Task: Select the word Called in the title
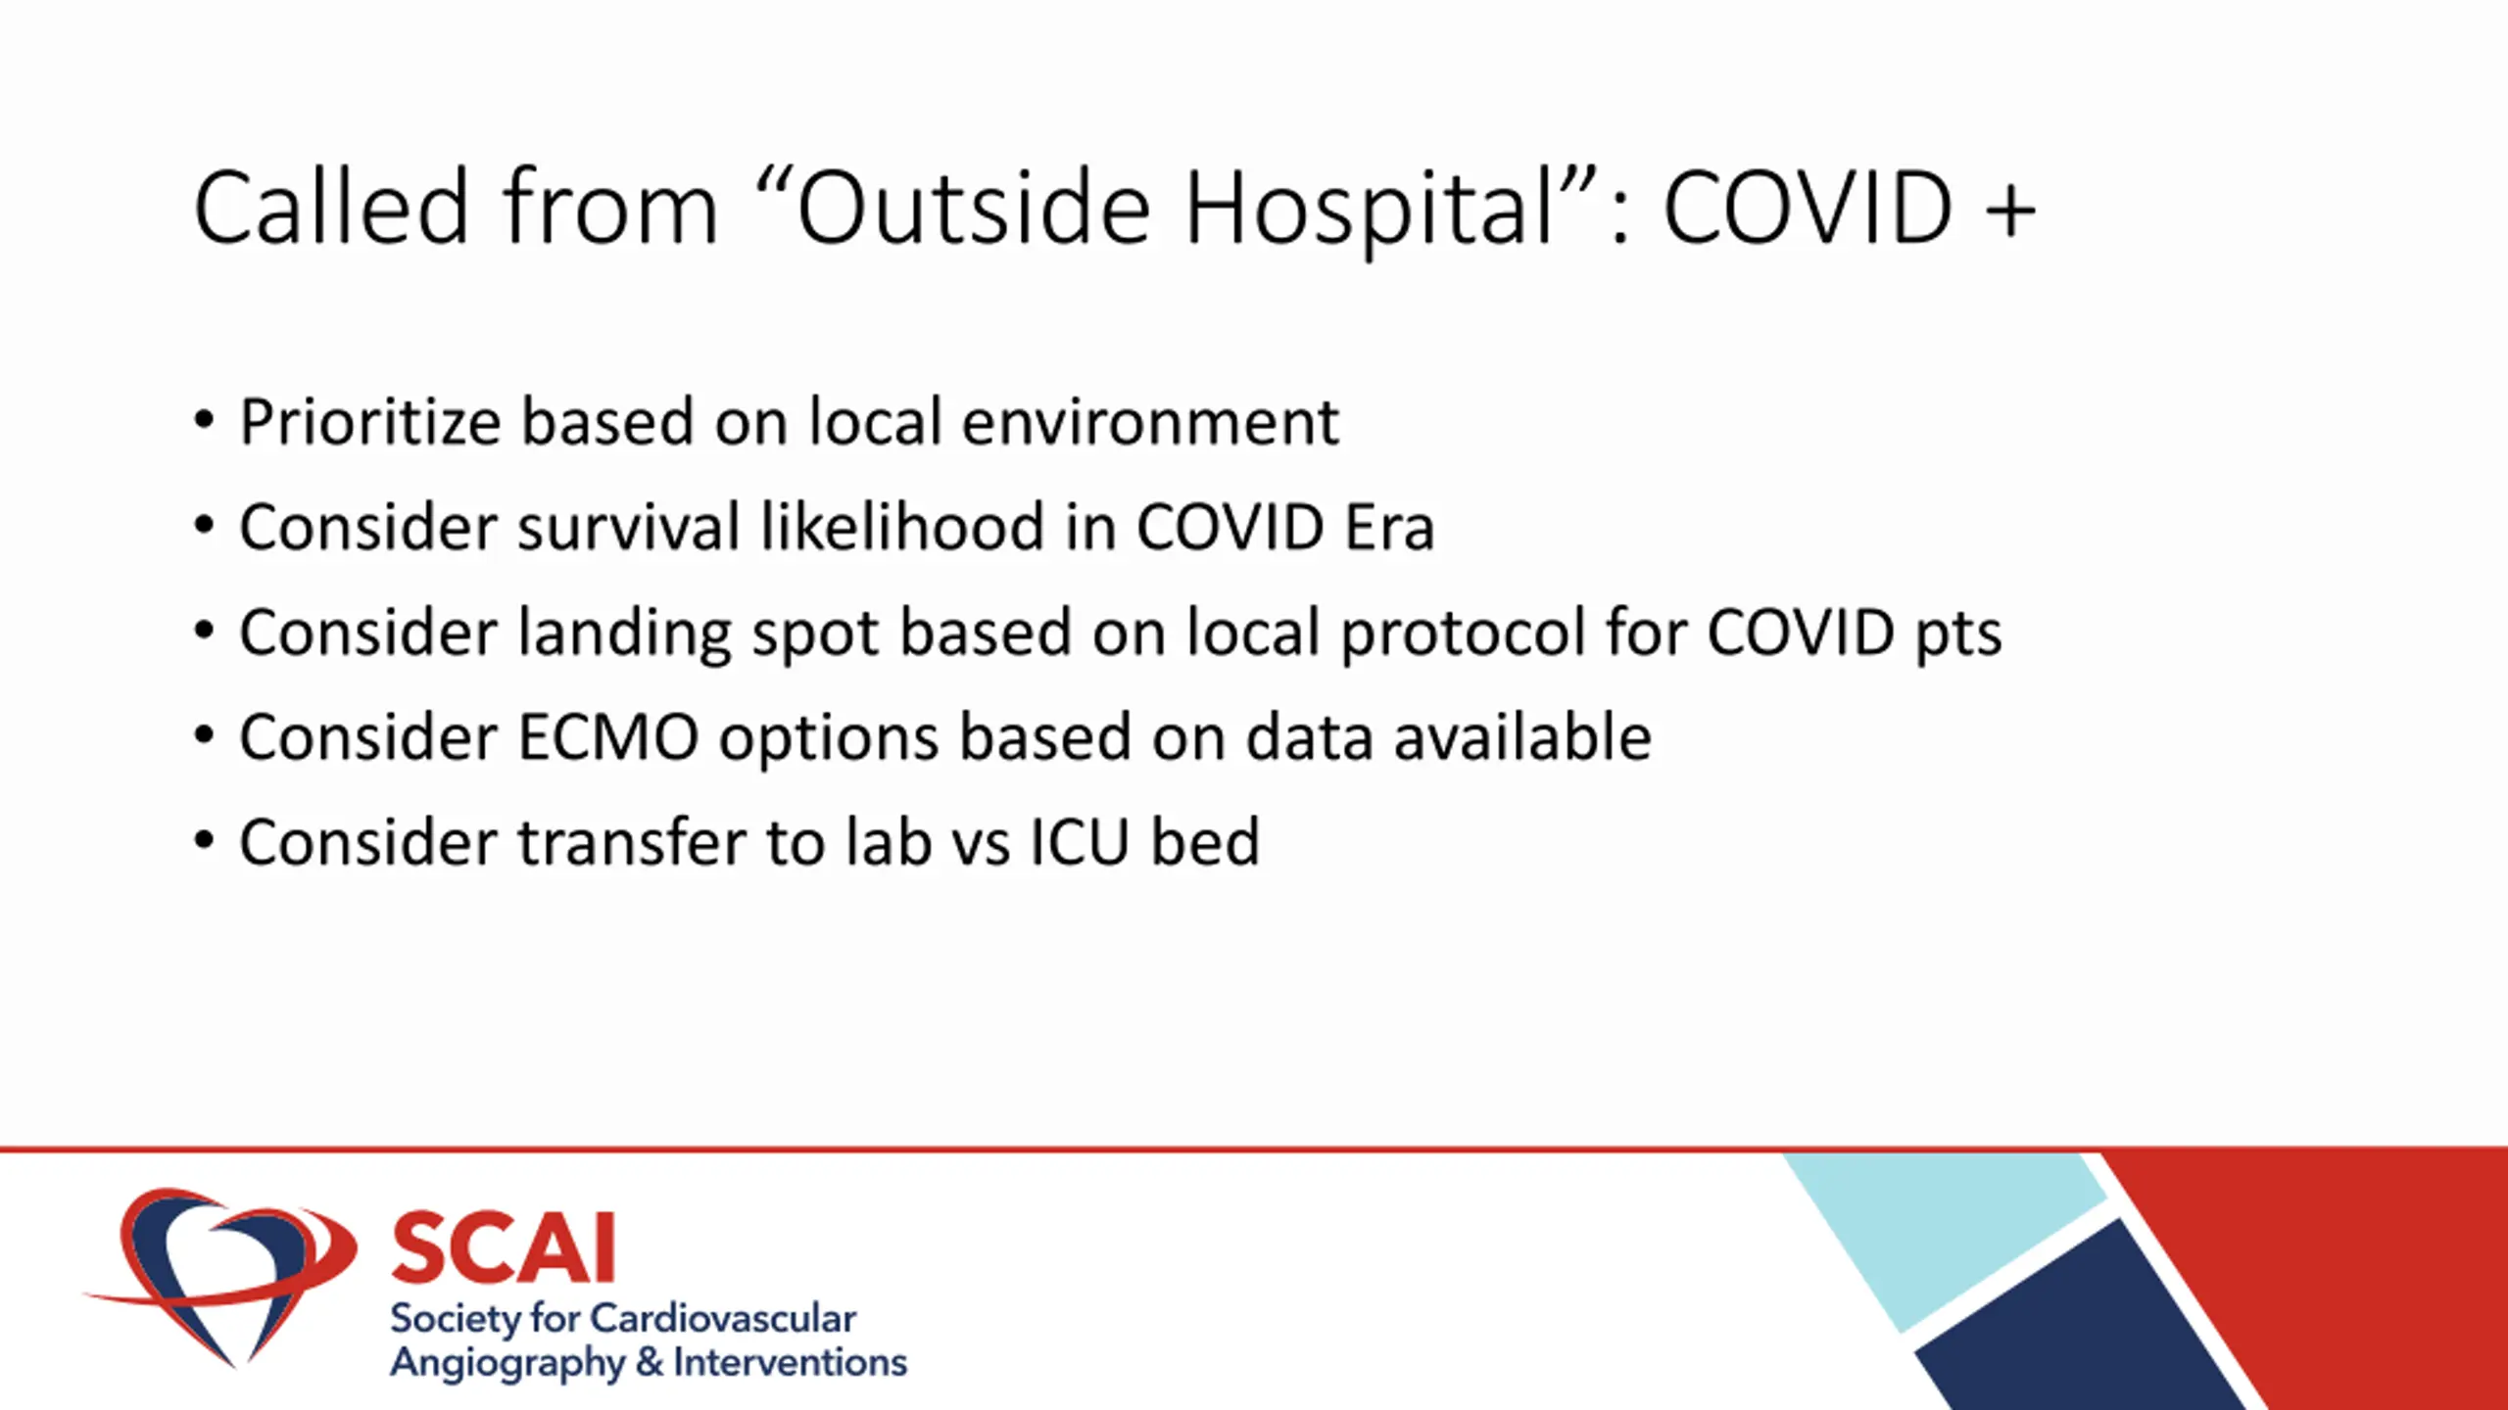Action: pos(332,207)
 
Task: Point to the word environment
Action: pos(1150,422)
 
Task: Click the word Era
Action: pos(1388,528)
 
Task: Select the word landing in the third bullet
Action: pos(624,634)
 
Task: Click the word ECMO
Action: pos(607,737)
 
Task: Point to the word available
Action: pos(1522,736)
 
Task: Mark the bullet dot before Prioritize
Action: pos(204,421)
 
